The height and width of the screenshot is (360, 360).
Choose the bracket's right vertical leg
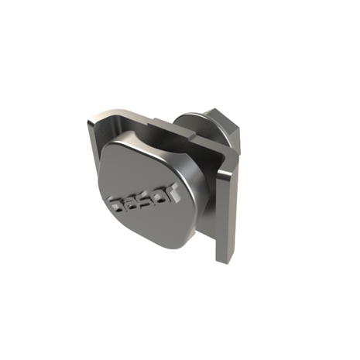(x=225, y=209)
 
